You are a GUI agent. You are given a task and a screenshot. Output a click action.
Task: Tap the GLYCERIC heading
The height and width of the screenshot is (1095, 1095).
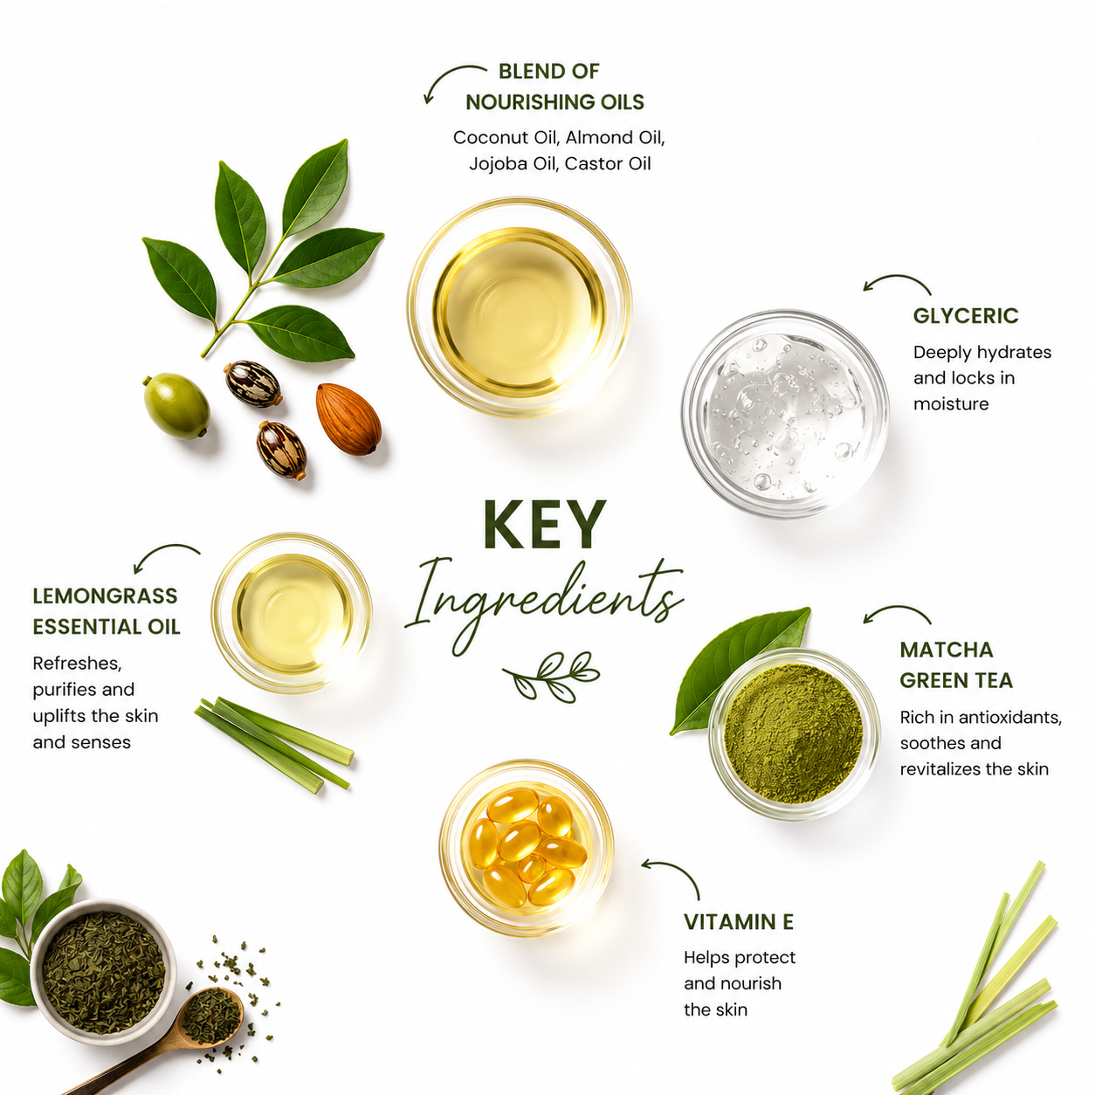(x=966, y=316)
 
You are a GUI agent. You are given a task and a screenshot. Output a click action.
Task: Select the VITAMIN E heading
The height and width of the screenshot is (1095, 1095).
(x=738, y=922)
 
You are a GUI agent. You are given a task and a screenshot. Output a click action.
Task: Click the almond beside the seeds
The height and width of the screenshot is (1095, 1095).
(x=348, y=419)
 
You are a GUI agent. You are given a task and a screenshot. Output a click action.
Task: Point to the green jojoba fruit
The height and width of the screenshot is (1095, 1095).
(x=176, y=406)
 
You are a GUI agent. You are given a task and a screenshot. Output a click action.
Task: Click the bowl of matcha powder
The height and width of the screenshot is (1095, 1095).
(x=793, y=733)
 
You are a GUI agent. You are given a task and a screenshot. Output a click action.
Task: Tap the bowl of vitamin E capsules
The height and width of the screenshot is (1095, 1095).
(x=527, y=847)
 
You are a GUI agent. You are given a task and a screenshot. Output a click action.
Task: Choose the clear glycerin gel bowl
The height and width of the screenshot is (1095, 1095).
(x=786, y=413)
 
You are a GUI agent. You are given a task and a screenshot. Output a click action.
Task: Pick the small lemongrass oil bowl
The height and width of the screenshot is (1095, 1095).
(x=292, y=613)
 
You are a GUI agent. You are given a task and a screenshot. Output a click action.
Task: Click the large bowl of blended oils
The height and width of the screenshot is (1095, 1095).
(x=520, y=308)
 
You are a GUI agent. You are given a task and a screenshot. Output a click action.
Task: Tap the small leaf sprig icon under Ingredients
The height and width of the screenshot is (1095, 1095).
(x=551, y=676)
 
